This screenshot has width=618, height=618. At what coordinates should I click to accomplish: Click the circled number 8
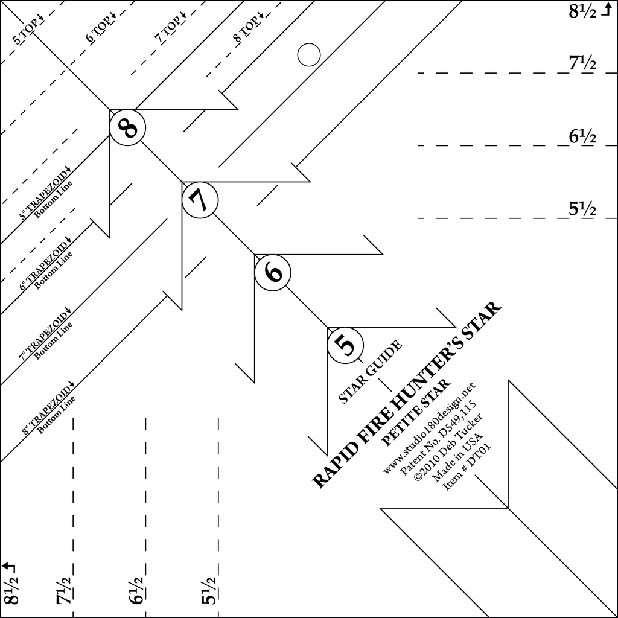(x=128, y=128)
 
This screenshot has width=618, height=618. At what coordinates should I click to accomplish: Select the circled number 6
(x=273, y=273)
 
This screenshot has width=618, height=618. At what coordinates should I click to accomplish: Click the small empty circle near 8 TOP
(x=308, y=55)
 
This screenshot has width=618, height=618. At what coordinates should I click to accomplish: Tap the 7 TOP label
(x=170, y=32)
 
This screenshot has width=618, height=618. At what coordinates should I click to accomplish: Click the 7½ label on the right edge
(x=582, y=63)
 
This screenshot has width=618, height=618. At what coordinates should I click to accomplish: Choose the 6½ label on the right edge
(x=582, y=137)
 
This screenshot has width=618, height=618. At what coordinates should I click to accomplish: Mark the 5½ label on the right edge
(x=582, y=209)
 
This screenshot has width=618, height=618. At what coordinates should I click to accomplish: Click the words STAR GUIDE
(x=370, y=372)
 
